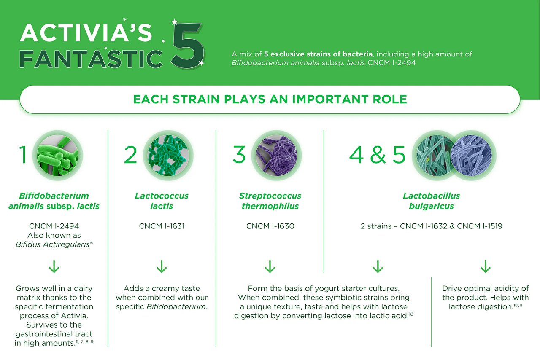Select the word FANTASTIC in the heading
[91, 59]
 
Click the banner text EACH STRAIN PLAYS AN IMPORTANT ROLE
[270, 99]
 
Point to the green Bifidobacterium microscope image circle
[57, 155]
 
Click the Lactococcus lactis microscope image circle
[168, 155]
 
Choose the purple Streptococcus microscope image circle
[276, 155]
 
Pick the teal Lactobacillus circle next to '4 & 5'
[435, 155]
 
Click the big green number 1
[23, 155]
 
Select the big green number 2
[130, 155]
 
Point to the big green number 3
[239, 155]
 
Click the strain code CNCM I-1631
[162, 226]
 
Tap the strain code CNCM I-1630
[270, 226]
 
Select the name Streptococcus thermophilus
[270, 201]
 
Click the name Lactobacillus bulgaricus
[431, 201]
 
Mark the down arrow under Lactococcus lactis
[162, 266]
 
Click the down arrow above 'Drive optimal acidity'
[485, 266]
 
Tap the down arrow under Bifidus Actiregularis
[54, 266]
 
